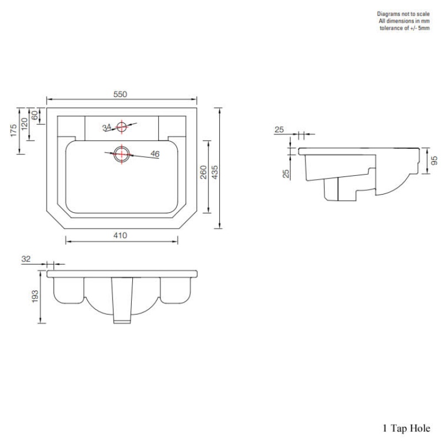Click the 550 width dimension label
coord(120,94)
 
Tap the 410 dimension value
coord(121,235)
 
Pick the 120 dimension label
coord(25,124)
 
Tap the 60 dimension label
coord(36,115)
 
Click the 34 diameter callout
coord(107,127)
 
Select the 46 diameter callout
coord(155,154)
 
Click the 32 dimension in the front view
coord(25,258)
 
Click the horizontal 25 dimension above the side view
coord(279,130)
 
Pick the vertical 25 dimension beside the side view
coord(286,173)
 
